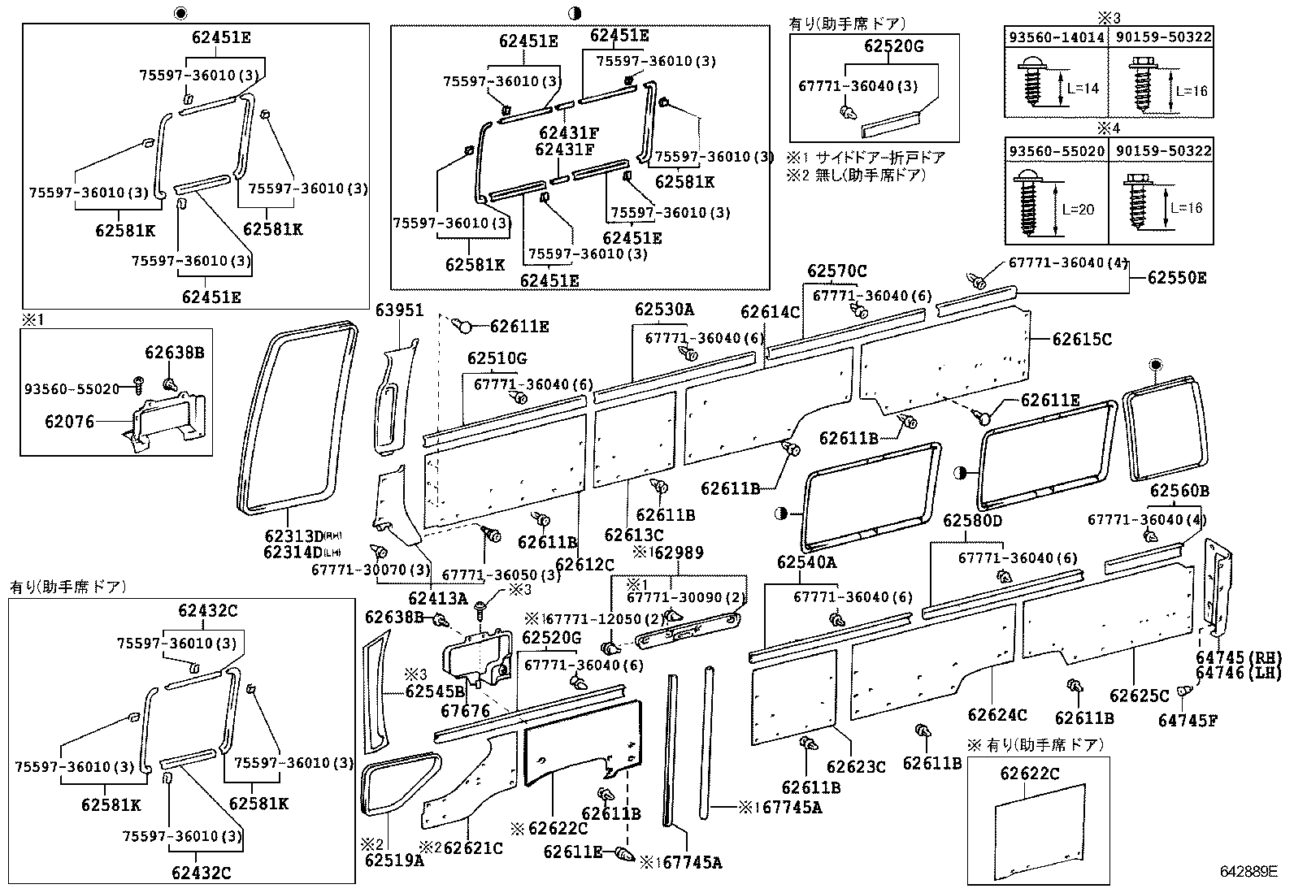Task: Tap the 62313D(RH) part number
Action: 293,536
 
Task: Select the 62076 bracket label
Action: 70,422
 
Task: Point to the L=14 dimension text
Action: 1083,88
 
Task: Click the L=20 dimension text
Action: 1078,209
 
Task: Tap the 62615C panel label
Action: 1082,339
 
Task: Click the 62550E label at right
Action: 1176,278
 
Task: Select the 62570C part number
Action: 836,271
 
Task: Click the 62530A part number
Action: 664,310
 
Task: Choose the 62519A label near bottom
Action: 394,860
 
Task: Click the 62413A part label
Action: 437,599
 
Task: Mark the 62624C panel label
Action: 997,715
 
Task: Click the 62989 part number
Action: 679,553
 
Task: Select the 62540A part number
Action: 806,562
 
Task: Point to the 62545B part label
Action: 435,691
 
